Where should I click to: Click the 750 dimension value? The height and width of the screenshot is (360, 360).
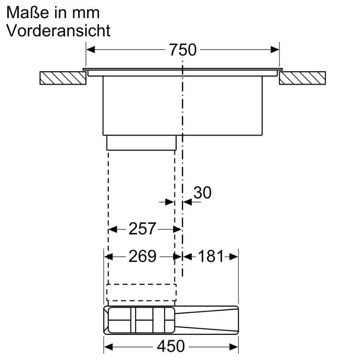pos(182,50)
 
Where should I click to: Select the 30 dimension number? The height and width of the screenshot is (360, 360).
pos(202,193)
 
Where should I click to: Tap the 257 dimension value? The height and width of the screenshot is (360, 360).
pos(142,229)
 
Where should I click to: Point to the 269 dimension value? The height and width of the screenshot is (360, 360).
pos(142,256)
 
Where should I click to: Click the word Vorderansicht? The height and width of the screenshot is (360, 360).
pos(58,31)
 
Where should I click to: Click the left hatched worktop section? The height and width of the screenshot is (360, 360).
pos(63,78)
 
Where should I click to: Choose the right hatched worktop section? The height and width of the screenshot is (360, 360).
pos(302,78)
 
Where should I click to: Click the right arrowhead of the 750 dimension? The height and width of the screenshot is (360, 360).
pos(275,50)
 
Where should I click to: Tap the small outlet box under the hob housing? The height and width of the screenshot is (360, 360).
pos(141,142)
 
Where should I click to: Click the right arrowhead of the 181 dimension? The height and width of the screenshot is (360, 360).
pos(234,256)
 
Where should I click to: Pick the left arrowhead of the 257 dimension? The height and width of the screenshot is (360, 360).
pos(113,229)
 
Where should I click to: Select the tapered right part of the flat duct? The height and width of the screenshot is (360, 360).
pos(206,320)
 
